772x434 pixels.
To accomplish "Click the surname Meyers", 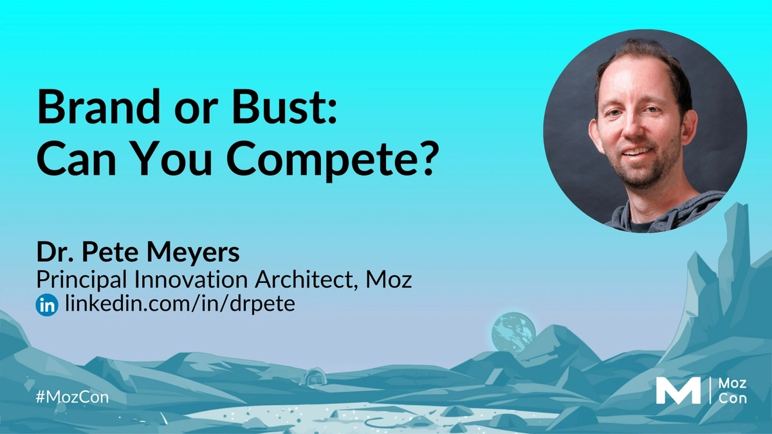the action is [x=193, y=253].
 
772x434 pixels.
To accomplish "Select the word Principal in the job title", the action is [x=82, y=280].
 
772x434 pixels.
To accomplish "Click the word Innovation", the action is [x=190, y=279].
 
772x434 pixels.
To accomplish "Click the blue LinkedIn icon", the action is [x=47, y=305].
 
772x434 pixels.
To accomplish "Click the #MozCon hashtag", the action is [x=72, y=397].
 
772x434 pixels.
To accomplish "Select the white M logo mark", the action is [x=678, y=391].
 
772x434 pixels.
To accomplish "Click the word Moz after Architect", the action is [x=389, y=279].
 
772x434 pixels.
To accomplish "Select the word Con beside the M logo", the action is [x=732, y=399].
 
